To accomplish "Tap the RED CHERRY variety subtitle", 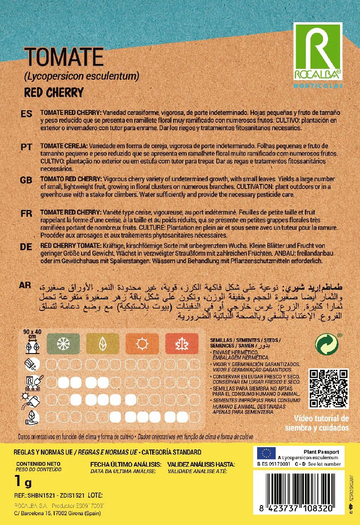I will click(x=54, y=92).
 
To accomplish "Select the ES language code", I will click(x=26, y=114).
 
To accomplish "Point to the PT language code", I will click(x=26, y=147).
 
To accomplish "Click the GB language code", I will click(x=26, y=180).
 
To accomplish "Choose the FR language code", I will click(x=26, y=213).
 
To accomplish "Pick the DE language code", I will click(x=26, y=247).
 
